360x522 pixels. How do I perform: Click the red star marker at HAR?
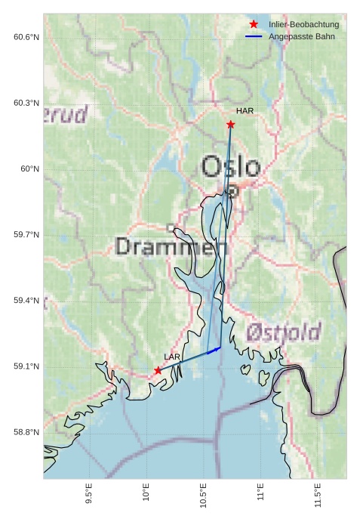point(230,124)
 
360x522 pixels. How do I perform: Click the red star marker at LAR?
point(158,370)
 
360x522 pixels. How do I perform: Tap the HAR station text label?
point(245,111)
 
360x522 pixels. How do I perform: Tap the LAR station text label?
point(172,357)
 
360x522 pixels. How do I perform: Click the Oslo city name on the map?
point(231,167)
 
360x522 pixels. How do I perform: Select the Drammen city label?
point(171,246)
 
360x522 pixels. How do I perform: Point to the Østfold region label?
point(284,332)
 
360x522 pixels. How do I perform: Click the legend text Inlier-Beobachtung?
point(303,25)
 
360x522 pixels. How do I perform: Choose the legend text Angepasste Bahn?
point(301,36)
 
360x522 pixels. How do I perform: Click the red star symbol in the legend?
point(254,24)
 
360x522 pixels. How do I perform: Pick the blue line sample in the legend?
point(254,36)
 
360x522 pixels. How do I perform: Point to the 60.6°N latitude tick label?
point(26,37)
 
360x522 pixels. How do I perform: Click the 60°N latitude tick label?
point(30,169)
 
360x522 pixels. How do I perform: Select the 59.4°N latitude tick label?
point(26,301)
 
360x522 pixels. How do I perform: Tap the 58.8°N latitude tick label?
point(26,432)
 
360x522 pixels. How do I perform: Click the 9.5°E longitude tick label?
point(89,494)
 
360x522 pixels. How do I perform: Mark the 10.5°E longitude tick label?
point(204,494)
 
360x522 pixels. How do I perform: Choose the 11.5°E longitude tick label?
point(318,494)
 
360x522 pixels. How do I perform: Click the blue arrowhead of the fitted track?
point(217,349)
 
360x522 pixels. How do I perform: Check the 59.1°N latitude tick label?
point(26,366)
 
